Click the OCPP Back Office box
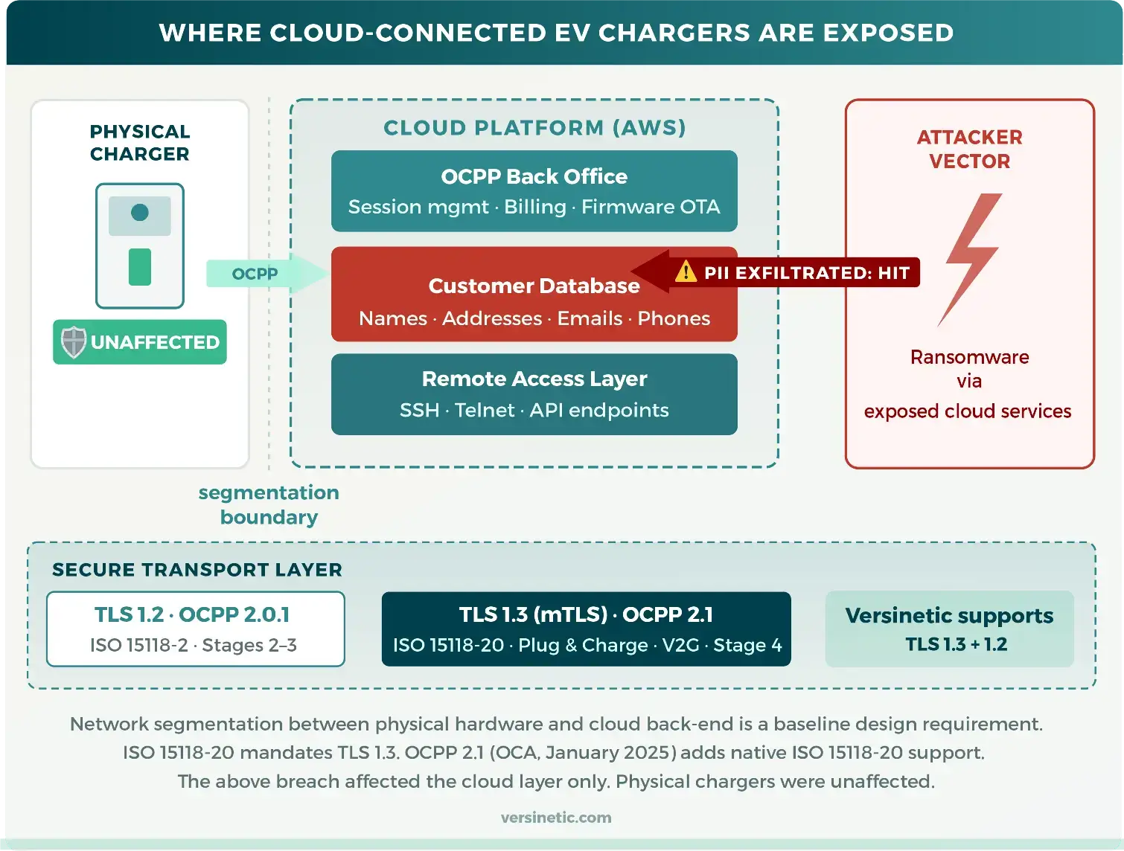coord(534,191)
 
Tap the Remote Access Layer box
coord(534,394)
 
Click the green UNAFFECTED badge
coord(140,342)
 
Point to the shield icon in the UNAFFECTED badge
coord(74,342)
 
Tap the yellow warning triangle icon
coord(685,272)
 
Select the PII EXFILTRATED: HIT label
coord(806,273)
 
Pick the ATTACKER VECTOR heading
coord(969,149)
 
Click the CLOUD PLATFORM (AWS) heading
coord(534,128)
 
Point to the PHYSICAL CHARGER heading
coord(140,143)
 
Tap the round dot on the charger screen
coord(140,213)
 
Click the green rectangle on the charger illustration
coord(140,267)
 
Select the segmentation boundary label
coord(269,504)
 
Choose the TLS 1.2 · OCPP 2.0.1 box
coord(195,629)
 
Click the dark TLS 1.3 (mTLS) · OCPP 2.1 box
coord(586,629)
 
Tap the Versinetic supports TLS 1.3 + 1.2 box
coord(949,629)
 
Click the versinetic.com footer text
coord(556,818)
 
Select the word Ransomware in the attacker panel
coord(969,357)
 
